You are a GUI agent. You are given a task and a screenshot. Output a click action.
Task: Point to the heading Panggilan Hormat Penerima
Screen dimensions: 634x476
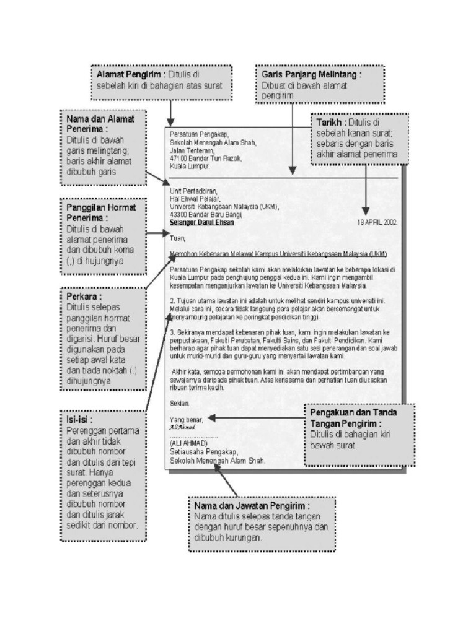tap(101, 212)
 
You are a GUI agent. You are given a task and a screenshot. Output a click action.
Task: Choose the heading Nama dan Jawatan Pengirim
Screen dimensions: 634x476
tap(252, 506)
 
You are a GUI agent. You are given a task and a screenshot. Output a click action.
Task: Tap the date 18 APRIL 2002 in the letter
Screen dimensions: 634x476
tap(378, 222)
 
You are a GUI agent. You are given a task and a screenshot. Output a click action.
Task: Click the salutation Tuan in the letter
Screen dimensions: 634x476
tap(177, 237)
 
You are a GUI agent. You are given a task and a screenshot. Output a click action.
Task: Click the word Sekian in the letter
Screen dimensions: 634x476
tap(180, 402)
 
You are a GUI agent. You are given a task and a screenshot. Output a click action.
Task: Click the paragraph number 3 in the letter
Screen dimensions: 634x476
tap(172, 332)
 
